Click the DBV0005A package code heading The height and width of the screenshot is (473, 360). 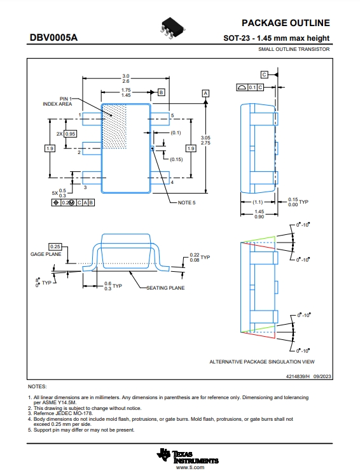(53, 38)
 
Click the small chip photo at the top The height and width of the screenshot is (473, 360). (172, 28)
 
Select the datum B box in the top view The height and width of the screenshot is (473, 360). (162, 92)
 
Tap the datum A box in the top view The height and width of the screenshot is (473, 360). (205, 93)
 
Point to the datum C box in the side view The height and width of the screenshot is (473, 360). (264, 74)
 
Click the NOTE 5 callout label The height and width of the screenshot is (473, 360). (186, 202)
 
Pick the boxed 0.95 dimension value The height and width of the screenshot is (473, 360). (70, 134)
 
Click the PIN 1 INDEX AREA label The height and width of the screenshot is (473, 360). (57, 101)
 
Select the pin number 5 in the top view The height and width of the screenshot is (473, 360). (172, 115)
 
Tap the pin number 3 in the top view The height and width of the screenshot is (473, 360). (85, 187)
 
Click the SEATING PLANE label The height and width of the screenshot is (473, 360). (165, 288)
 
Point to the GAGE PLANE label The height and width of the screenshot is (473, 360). (46, 254)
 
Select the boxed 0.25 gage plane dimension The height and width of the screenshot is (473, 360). (55, 247)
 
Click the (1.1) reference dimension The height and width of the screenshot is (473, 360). (258, 202)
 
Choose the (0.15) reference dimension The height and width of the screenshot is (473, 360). (176, 159)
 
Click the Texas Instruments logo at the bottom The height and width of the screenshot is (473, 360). (188, 456)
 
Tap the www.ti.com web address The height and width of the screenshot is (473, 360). (190, 467)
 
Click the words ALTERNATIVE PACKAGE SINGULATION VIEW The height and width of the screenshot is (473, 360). (262, 362)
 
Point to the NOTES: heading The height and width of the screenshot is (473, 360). (38, 386)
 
